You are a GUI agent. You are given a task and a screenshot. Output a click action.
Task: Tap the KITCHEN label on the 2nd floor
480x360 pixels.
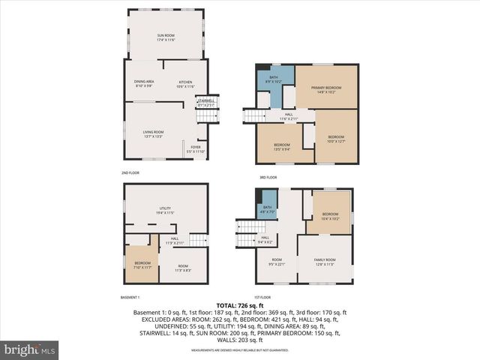(184, 83)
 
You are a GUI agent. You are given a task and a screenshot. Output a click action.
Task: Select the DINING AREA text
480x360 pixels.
(144, 83)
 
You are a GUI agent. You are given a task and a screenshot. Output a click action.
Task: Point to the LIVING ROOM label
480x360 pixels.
(154, 133)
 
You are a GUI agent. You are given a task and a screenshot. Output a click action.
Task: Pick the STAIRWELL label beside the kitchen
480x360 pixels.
(205, 103)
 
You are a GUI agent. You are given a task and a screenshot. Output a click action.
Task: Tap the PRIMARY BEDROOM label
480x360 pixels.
(326, 89)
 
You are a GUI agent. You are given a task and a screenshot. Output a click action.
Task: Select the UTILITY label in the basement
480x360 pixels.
(165, 210)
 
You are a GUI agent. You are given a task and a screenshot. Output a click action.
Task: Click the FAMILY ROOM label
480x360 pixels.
(324, 261)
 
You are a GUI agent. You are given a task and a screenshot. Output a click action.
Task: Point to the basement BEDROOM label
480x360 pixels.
(142, 265)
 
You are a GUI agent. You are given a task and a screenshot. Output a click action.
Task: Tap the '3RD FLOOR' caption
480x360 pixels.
(268, 177)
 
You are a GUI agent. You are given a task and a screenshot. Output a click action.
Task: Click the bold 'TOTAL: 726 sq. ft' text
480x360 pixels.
(240, 305)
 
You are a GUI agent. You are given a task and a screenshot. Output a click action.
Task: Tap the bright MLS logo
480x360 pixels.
(30, 349)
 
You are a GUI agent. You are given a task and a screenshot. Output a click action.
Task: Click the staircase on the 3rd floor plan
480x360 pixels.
(253, 115)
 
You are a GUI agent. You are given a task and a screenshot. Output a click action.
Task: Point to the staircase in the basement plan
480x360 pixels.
(197, 239)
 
